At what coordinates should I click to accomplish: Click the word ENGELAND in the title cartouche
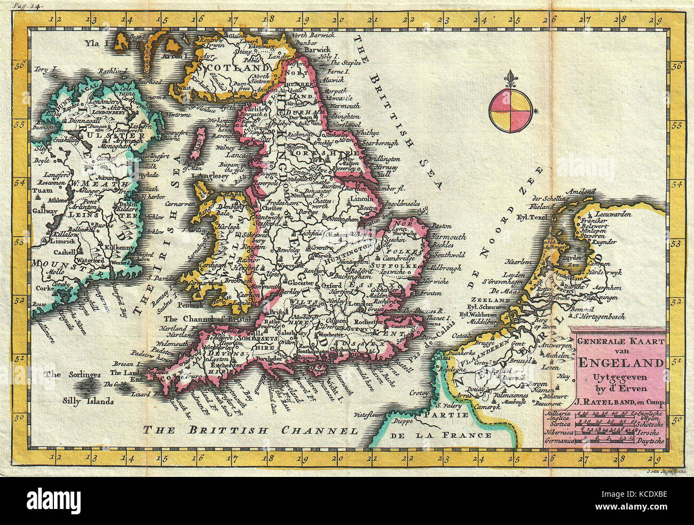pyautogui.click(x=620, y=363)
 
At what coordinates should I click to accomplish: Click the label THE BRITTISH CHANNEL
pyautogui.click(x=249, y=430)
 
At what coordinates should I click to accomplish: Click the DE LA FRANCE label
pyautogui.click(x=441, y=435)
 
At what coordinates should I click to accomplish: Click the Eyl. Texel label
pyautogui.click(x=533, y=217)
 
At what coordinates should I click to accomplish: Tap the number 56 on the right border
pyautogui.click(x=676, y=67)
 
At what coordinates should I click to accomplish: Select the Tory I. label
pyautogui.click(x=44, y=69)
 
